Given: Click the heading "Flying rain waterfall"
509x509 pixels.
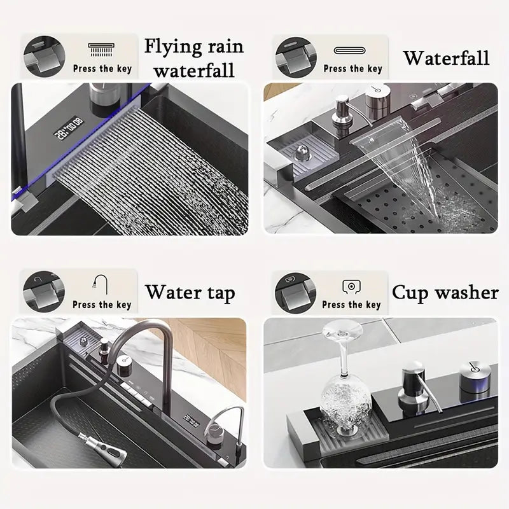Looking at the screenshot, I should click(193, 57).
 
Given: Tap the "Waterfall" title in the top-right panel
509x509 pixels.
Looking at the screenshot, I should click(446, 59).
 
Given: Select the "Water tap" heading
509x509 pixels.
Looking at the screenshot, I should click(190, 293).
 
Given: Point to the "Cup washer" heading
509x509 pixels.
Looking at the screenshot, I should click(445, 292).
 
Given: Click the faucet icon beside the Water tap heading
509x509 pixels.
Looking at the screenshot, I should click(101, 284).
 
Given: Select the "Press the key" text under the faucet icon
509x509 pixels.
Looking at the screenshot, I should click(102, 304).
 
